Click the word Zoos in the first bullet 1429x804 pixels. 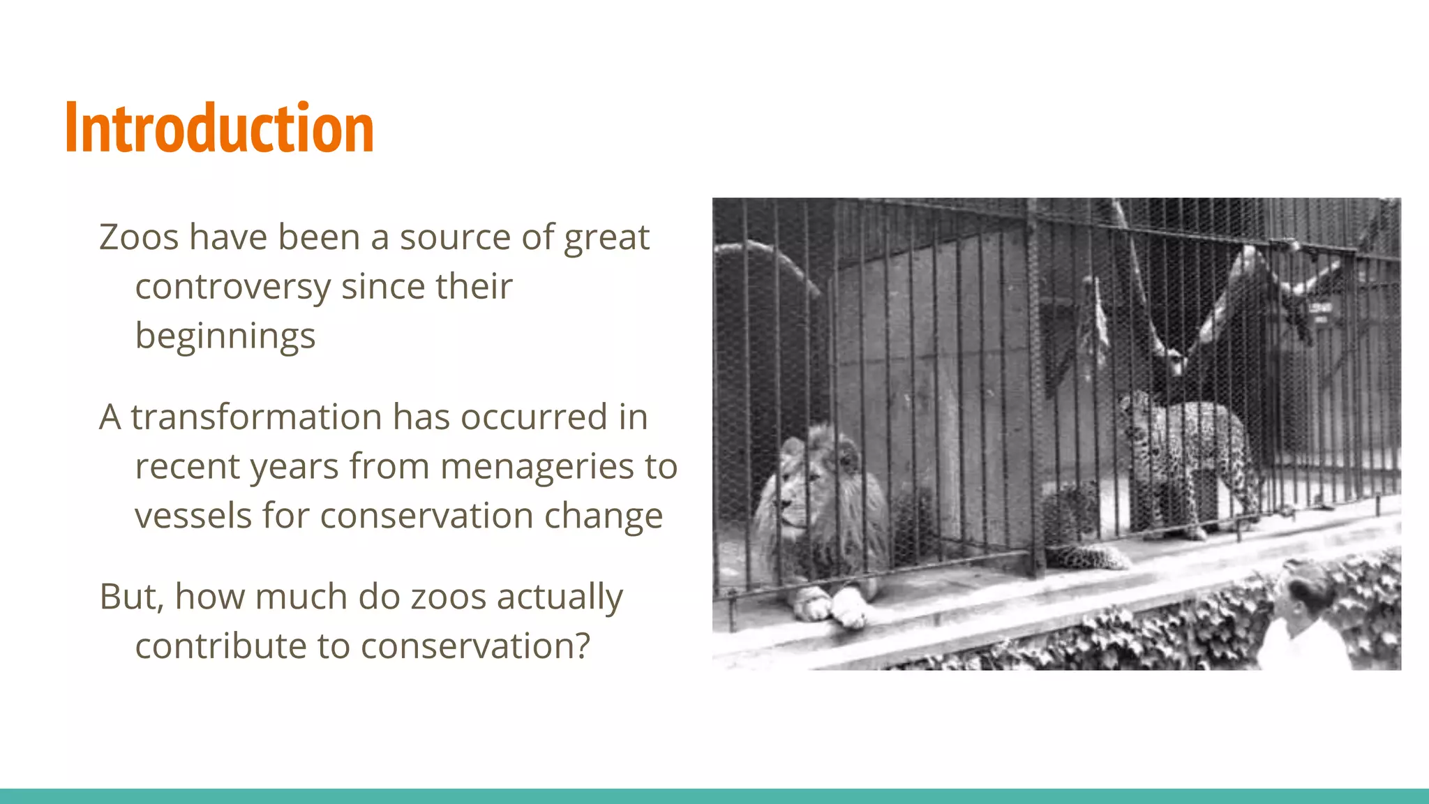coord(139,237)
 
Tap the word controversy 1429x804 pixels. coord(232,287)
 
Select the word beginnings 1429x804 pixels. coord(225,336)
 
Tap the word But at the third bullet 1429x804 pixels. coord(130,597)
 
